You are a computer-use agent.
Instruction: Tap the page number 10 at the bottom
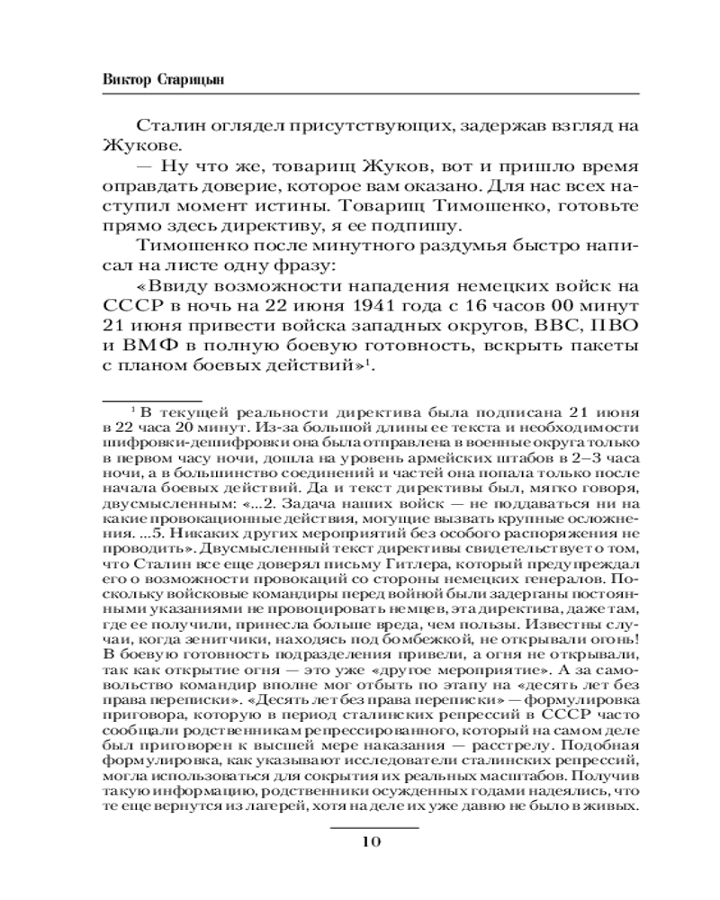[371, 842]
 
